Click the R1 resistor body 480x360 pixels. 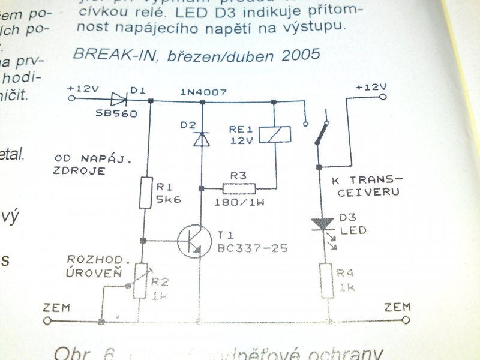(x=145, y=192)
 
